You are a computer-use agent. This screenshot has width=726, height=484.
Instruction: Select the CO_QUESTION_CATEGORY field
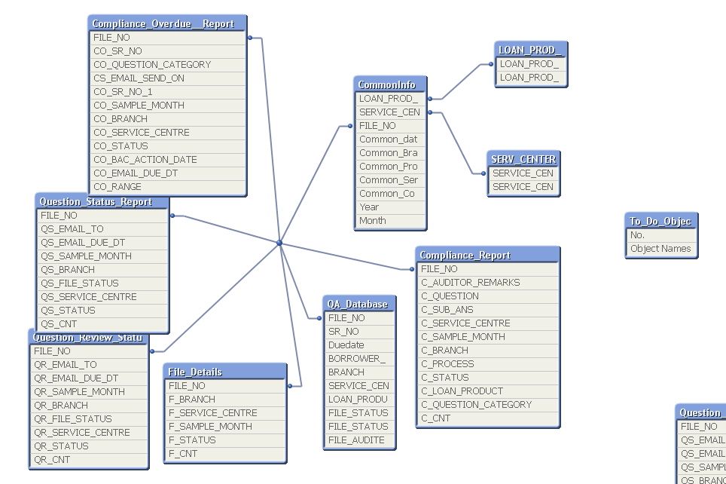[x=152, y=65]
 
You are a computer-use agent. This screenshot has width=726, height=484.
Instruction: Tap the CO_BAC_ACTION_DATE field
[x=145, y=160]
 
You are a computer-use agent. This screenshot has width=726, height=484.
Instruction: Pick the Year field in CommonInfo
[x=369, y=207]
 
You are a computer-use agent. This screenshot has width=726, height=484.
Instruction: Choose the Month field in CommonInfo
[x=373, y=221]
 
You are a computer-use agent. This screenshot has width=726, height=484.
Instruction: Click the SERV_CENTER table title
[x=523, y=160]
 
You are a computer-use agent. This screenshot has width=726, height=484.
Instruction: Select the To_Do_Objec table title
[x=660, y=221]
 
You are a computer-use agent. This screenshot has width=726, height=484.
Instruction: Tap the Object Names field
[x=660, y=249]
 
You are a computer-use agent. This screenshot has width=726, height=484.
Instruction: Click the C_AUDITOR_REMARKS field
[x=470, y=283]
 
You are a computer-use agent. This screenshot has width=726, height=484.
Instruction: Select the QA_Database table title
[x=358, y=304]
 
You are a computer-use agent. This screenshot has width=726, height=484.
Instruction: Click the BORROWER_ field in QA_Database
[x=356, y=359]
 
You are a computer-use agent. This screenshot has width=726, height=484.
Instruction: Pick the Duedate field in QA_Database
[x=346, y=345]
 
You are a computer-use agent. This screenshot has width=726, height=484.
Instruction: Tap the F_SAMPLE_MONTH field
[x=210, y=427]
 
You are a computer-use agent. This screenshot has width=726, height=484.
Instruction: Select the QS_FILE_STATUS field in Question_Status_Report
[x=80, y=283]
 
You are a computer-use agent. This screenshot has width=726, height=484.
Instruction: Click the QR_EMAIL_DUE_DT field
[x=76, y=378]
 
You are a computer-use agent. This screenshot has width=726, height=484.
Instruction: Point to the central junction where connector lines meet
[x=279, y=243]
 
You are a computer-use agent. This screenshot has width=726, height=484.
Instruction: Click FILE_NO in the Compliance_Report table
[x=439, y=269]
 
